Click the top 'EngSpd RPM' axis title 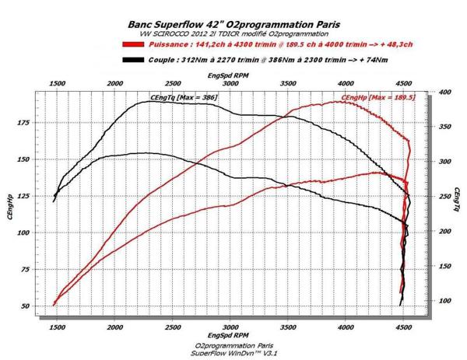click(229, 75)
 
